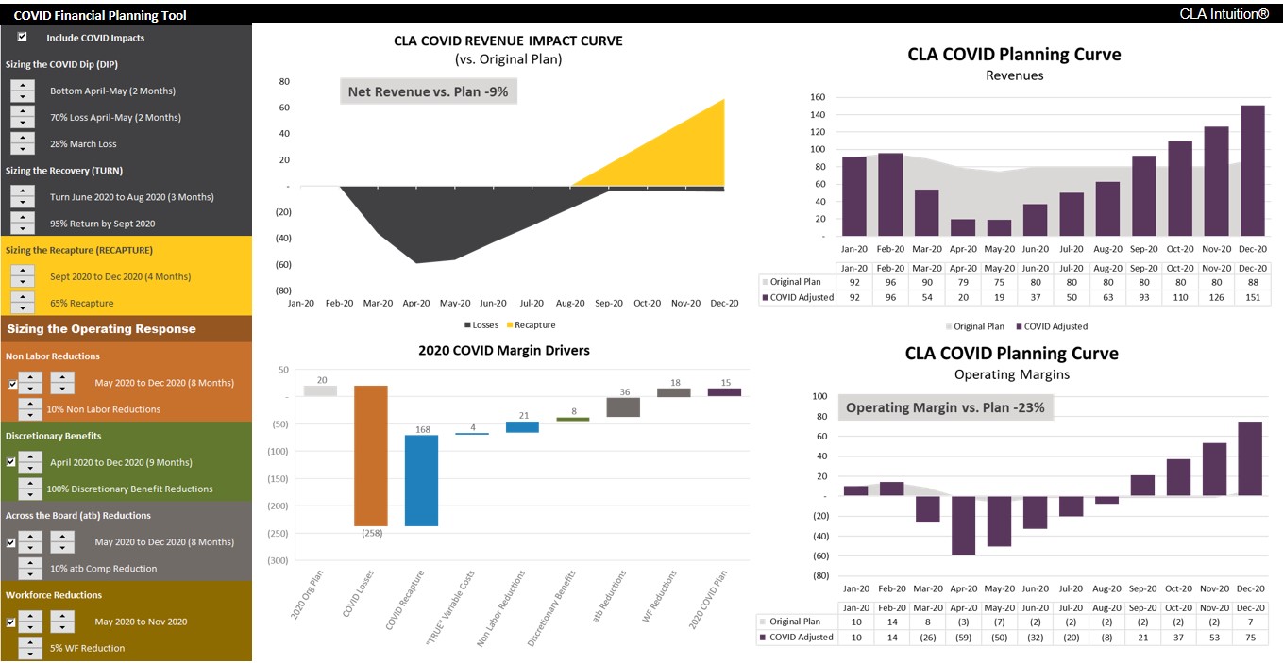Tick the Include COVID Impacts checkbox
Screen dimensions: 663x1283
pyautogui.click(x=22, y=38)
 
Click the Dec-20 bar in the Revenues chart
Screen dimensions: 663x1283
pyautogui.click(x=1252, y=171)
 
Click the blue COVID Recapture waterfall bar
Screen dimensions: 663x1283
pyautogui.click(x=421, y=480)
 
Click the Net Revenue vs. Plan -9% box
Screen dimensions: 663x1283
pyautogui.click(x=429, y=91)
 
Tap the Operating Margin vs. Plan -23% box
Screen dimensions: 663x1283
pyautogui.click(x=945, y=408)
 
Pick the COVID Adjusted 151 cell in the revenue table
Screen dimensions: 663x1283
pyautogui.click(x=1252, y=298)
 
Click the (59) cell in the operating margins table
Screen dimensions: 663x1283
pyautogui.click(x=964, y=637)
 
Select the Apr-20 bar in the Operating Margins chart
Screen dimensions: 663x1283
pyautogui.click(x=964, y=525)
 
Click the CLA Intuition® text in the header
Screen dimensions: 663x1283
pyautogui.click(x=1224, y=14)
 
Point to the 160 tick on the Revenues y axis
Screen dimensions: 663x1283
pyautogui.click(x=818, y=97)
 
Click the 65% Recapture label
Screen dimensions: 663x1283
pyautogui.click(x=81, y=303)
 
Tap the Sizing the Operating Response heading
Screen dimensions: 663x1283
pyautogui.click(x=101, y=329)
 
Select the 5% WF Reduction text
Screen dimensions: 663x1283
pyautogui.click(x=88, y=648)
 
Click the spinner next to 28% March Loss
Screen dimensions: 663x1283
pyautogui.click(x=23, y=143)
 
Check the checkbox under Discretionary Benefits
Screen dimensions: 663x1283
pyautogui.click(x=10, y=462)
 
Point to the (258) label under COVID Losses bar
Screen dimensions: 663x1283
pyautogui.click(x=371, y=534)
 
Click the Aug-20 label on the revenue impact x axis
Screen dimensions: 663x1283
pyautogui.click(x=570, y=303)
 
